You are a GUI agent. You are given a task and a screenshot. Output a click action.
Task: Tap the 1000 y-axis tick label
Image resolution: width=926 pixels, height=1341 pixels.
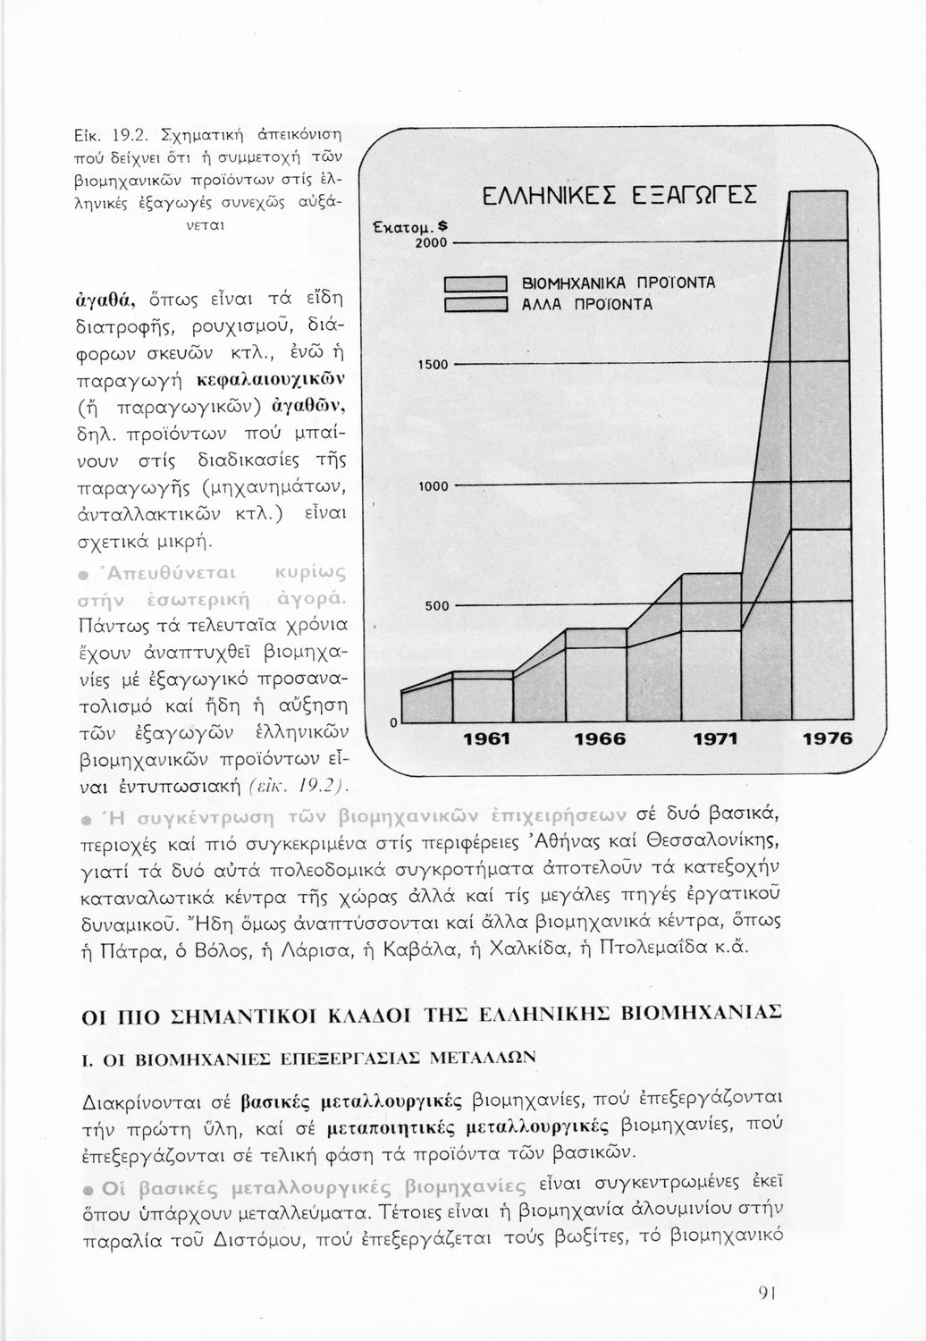pyautogui.click(x=433, y=486)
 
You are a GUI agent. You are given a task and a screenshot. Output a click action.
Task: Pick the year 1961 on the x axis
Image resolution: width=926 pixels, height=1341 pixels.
pyautogui.click(x=485, y=739)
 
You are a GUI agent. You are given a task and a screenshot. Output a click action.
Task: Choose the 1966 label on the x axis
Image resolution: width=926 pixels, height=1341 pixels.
pyautogui.click(x=599, y=739)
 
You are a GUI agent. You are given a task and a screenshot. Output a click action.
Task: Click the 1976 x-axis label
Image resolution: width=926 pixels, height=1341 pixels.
pyautogui.click(x=828, y=739)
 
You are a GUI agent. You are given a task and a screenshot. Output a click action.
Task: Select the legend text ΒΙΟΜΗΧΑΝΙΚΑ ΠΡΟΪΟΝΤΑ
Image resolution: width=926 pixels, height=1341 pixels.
pyautogui.click(x=619, y=283)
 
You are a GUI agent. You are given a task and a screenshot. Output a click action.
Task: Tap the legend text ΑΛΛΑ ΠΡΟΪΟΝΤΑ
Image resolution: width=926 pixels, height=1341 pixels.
pyautogui.click(x=587, y=304)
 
